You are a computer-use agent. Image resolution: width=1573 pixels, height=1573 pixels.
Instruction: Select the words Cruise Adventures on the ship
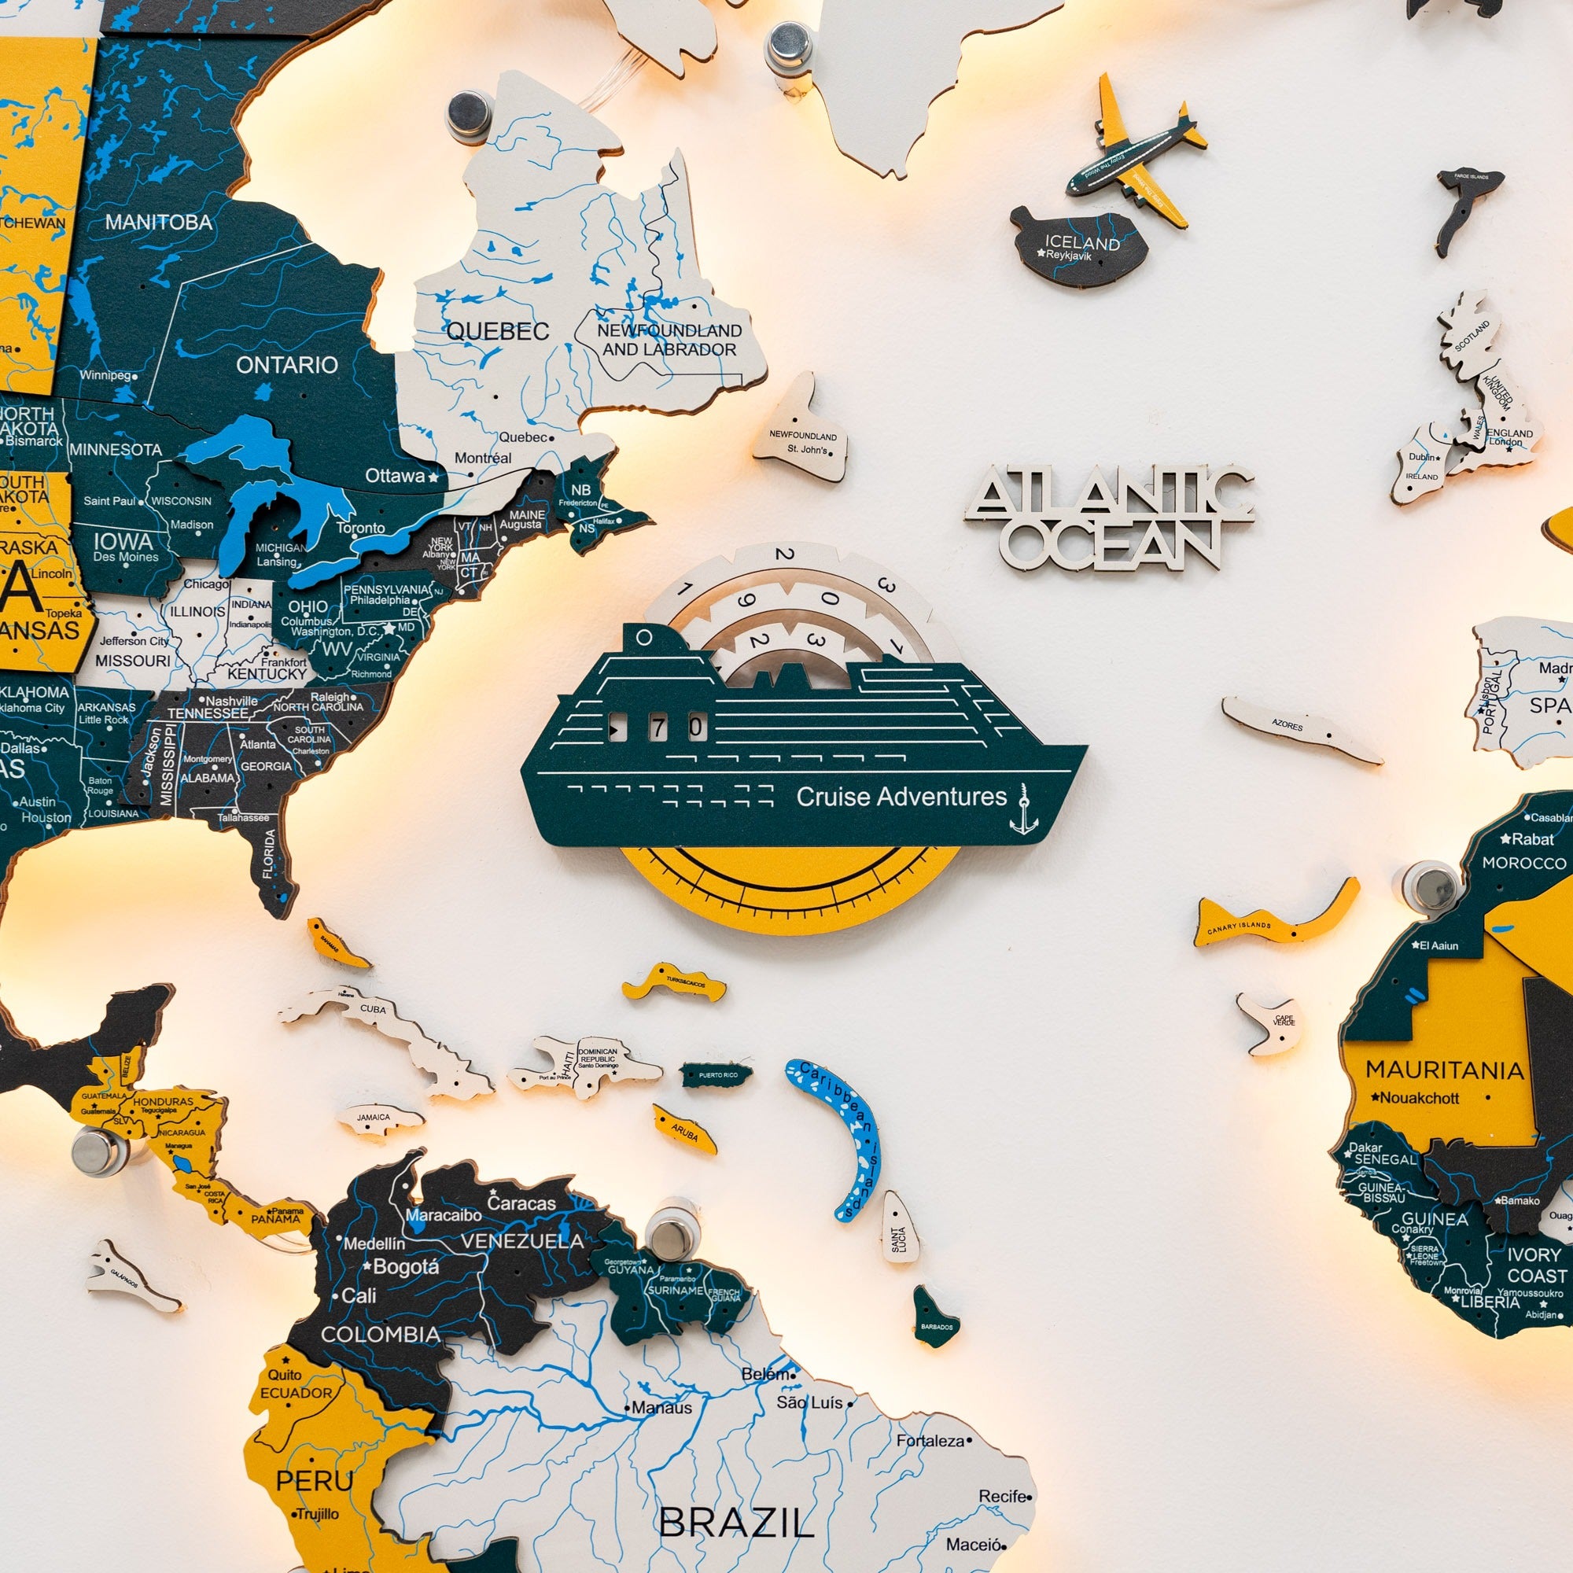(x=901, y=796)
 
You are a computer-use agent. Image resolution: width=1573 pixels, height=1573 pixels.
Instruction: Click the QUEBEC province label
(x=498, y=331)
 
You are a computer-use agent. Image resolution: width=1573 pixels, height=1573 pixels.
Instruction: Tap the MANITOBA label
(x=159, y=223)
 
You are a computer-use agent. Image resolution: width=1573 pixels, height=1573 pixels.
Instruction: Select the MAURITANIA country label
(x=1443, y=1070)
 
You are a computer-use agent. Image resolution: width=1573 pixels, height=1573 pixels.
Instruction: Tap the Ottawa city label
(x=395, y=476)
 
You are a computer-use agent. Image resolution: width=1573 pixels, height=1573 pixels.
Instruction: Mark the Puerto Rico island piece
(x=717, y=1074)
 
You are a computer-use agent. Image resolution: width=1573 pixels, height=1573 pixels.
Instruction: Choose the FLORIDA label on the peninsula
(x=270, y=854)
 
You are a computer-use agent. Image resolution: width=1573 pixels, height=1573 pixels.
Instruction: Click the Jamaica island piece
(x=378, y=1118)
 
